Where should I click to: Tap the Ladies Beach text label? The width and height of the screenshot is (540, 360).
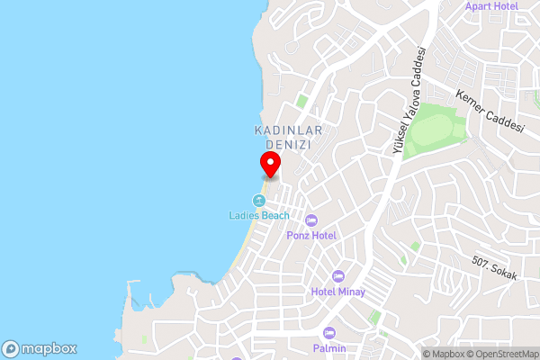pos(258,215)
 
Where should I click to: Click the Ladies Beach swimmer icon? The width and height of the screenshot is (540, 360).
pos(259,200)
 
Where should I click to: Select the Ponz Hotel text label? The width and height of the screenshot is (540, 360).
pos(311,235)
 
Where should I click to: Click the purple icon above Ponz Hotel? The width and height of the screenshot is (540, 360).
pos(311,220)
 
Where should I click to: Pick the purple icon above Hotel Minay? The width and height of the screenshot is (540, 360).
pos(338,275)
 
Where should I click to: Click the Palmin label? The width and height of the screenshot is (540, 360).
pos(329,348)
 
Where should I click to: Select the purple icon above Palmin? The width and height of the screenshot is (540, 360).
pos(329,333)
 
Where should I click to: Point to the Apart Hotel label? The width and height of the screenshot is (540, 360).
pos(491,6)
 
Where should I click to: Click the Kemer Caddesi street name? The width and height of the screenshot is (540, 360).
pos(490,110)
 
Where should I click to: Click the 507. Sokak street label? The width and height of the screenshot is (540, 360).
pos(494,268)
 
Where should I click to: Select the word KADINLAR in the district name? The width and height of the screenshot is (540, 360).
pos(283,130)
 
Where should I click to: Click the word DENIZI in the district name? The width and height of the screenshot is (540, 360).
pos(283,144)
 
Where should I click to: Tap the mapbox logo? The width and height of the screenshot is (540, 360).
pos(40,348)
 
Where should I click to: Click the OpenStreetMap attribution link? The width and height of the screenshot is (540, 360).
pos(501,353)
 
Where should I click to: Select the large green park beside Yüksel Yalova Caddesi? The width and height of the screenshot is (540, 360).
pos(436,131)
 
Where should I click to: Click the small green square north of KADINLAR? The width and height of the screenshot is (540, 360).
pos(302,101)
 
